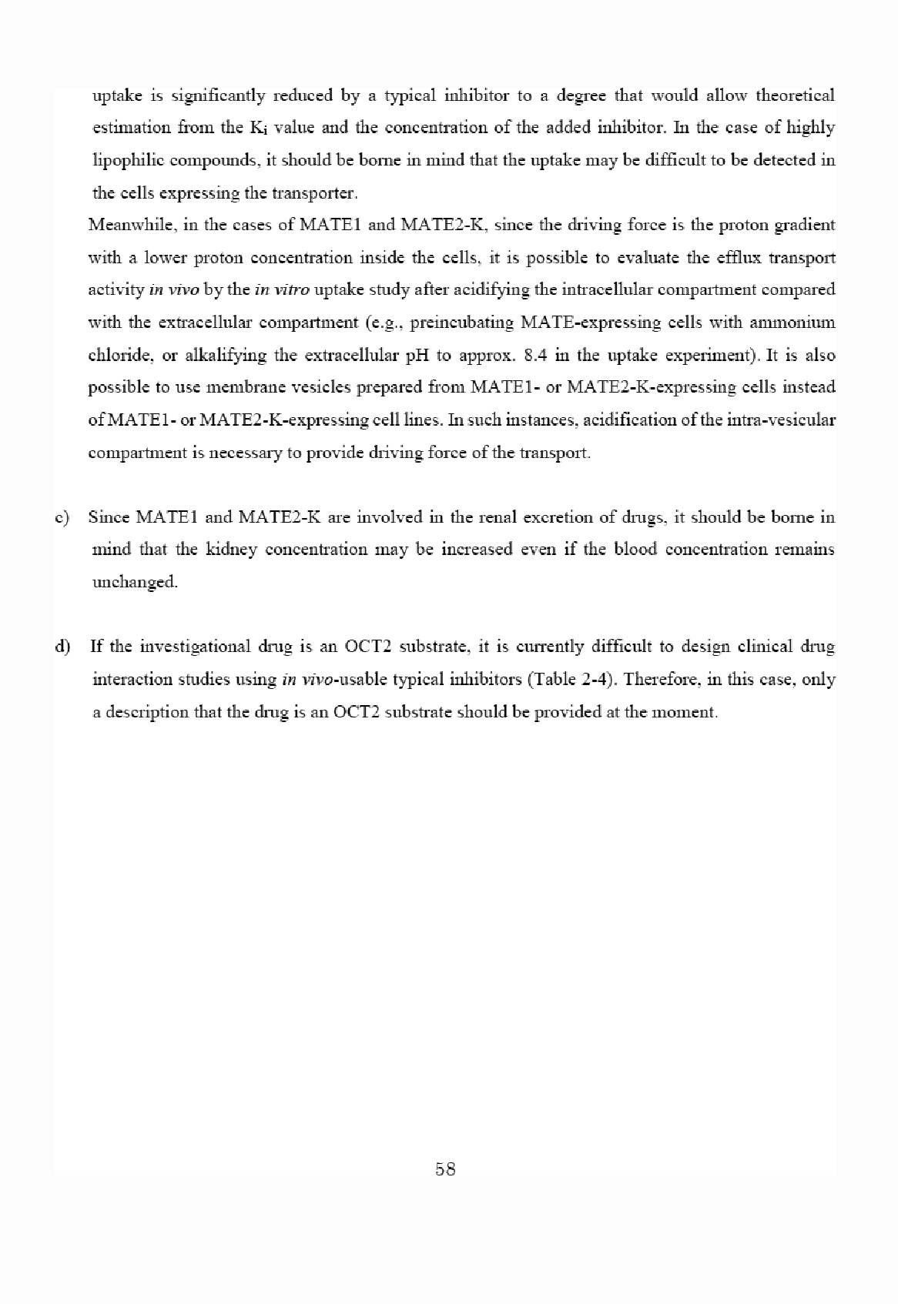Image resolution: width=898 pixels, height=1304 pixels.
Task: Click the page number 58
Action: (445, 1169)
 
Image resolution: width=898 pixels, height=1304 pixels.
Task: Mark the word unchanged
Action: (135, 582)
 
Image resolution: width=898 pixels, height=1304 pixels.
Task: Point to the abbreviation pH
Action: (406, 355)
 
